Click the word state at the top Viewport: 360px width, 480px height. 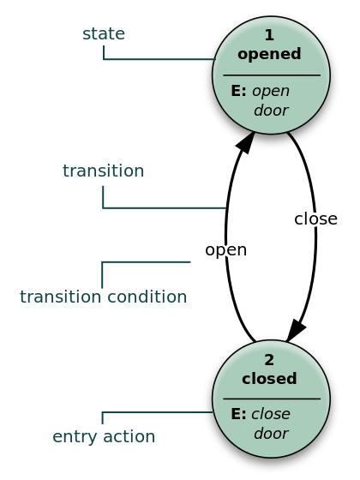(104, 34)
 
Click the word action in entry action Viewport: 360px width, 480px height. (129, 437)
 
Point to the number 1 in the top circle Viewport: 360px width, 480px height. (269, 35)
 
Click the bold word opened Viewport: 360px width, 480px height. (269, 54)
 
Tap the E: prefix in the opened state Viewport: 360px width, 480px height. (239, 91)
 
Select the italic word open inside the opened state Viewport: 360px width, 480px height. (271, 91)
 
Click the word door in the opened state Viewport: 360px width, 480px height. (271, 111)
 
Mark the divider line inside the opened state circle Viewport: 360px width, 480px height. (271, 75)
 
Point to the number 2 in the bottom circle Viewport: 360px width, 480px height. (269, 360)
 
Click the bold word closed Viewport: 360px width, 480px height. (269, 379)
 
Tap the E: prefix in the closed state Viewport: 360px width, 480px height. (239, 414)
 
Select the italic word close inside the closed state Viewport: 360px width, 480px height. (271, 414)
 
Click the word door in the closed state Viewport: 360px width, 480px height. (271, 434)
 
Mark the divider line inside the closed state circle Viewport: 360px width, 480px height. (271, 399)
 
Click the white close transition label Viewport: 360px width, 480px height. (316, 219)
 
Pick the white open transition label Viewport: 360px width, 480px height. (225, 250)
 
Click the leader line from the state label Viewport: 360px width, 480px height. (159, 59)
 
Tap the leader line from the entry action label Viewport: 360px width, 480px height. (159, 412)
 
